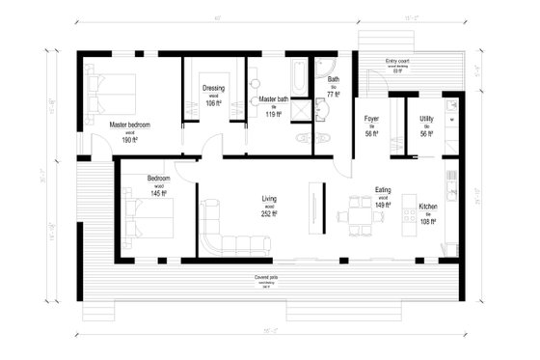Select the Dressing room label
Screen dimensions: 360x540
(213, 89)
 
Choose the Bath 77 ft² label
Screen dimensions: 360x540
(334, 80)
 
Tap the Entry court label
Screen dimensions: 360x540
(397, 62)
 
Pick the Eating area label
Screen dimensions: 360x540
(382, 190)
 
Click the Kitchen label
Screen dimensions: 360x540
(428, 207)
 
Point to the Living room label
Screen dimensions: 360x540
(269, 200)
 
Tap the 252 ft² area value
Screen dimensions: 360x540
(269, 215)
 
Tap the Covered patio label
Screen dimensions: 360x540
(267, 277)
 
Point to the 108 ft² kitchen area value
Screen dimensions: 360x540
(428, 222)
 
